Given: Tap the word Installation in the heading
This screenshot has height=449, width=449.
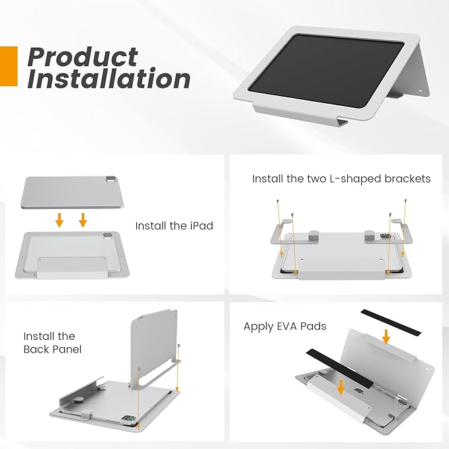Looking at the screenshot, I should click(109, 79).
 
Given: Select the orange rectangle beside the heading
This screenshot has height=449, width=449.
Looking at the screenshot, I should click(8, 65).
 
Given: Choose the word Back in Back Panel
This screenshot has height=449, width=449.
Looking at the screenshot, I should click(35, 348).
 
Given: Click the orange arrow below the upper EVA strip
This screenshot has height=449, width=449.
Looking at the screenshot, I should click(386, 337).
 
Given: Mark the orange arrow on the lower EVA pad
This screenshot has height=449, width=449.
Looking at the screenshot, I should click(341, 386).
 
